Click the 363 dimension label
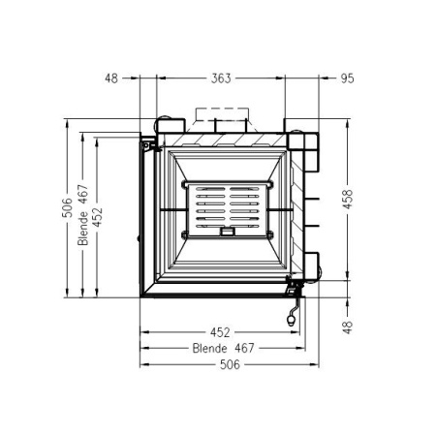point(221,78)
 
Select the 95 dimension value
point(346,78)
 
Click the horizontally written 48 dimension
point(111,78)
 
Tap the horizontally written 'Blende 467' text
point(224,348)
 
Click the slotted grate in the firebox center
point(224,207)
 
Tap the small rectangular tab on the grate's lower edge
point(227,232)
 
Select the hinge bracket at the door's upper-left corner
point(148,146)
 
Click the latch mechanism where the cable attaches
point(292,284)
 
